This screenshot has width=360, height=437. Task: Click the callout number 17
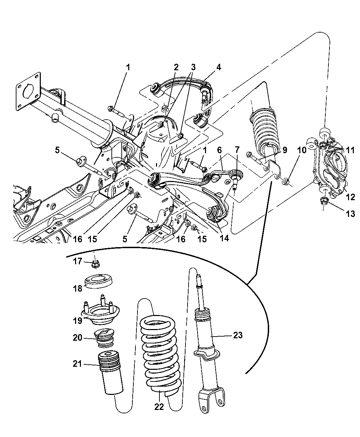pos(77,262)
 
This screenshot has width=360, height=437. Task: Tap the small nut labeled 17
pos(96,264)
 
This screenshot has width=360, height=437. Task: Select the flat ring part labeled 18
pos(98,282)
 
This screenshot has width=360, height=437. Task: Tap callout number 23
pos(238,335)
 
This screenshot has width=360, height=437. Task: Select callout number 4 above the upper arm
pos(218,68)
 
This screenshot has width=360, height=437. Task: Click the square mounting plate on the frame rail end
pos(28,91)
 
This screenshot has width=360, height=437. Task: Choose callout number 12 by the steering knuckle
pos(350,197)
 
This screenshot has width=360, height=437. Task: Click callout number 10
pos(302,150)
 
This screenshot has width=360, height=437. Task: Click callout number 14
pos(224,238)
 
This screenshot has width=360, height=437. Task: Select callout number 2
pos(176,67)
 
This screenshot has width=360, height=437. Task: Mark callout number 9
pos(285,150)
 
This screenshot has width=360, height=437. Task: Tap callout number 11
pos(350,150)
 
